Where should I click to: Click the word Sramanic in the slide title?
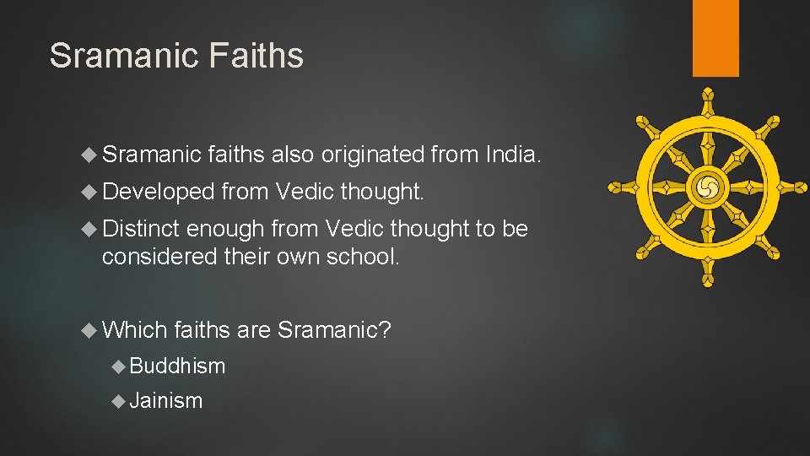tap(121, 56)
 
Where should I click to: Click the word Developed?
tap(158, 193)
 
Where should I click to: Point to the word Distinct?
tap(140, 229)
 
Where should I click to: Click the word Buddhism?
tap(178, 366)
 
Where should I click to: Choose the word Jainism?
tap(167, 400)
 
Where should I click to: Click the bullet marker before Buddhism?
tap(120, 366)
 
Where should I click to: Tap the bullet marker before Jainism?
tap(120, 401)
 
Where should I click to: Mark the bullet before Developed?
tap(91, 193)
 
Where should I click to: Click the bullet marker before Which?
tap(91, 330)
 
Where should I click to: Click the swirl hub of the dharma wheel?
tap(707, 187)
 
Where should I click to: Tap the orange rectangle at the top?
tap(715, 38)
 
